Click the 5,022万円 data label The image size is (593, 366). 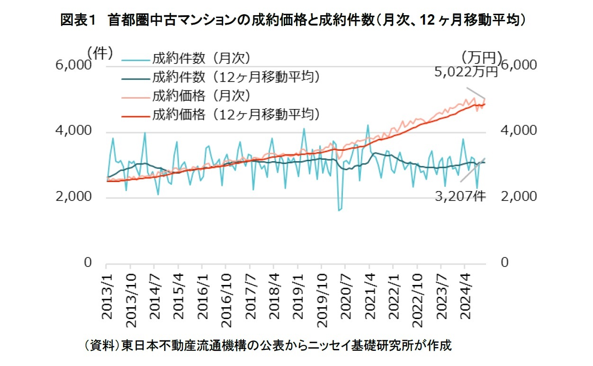click(x=467, y=72)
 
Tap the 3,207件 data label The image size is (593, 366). click(x=460, y=196)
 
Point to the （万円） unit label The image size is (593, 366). click(x=481, y=58)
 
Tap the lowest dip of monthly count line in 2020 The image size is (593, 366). click(x=339, y=210)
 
